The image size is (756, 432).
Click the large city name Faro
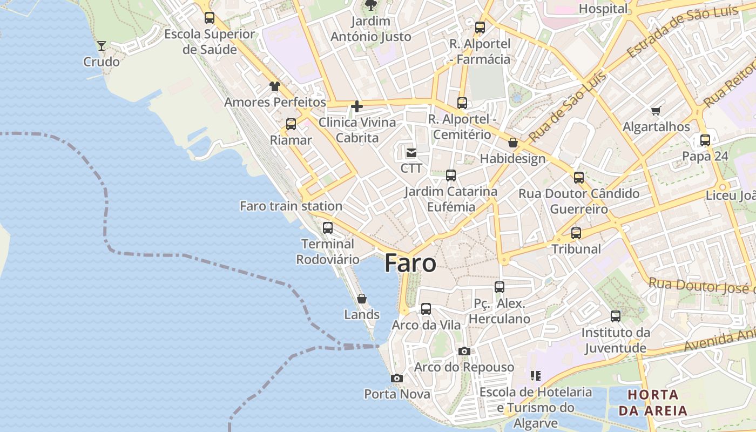click(x=410, y=263)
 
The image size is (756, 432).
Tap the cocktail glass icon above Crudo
click(x=101, y=46)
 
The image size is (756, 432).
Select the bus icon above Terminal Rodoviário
click(x=328, y=227)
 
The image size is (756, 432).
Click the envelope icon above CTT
click(x=411, y=152)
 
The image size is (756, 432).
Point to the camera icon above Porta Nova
click(x=397, y=378)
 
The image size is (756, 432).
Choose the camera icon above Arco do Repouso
click(x=464, y=351)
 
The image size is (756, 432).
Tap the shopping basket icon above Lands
click(x=362, y=299)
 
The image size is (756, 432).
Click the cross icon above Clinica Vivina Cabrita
click(x=356, y=106)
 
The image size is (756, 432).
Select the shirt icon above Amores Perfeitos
click(x=275, y=86)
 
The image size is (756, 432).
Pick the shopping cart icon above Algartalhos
click(x=656, y=111)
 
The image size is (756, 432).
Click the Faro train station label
click(x=291, y=206)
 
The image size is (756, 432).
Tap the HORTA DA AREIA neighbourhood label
click(x=653, y=402)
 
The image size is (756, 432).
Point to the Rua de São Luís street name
click(x=567, y=106)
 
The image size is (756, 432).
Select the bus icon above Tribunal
click(x=576, y=233)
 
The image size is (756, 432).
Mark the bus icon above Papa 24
click(x=705, y=140)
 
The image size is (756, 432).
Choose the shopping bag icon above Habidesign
click(x=512, y=143)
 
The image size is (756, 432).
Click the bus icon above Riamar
click(x=291, y=124)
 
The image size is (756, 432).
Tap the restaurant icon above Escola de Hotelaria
click(x=536, y=375)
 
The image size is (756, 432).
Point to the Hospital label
click(x=603, y=9)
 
